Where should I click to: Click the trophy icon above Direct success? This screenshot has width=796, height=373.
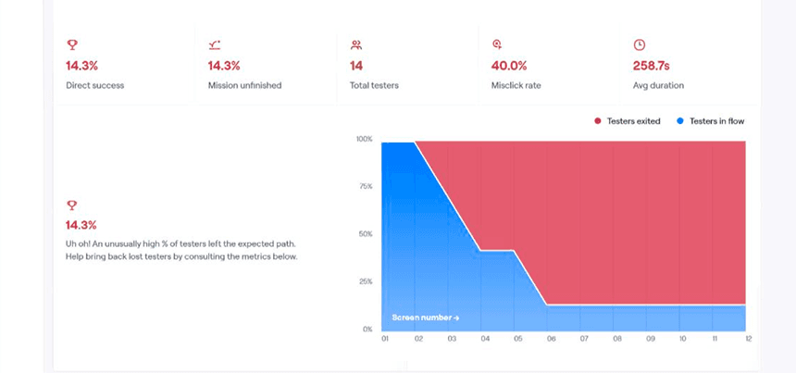(x=71, y=44)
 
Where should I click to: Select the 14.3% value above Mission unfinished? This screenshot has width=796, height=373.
(x=224, y=66)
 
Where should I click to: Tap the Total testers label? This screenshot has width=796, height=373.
(x=375, y=85)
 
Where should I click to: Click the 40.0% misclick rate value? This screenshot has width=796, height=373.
(x=509, y=66)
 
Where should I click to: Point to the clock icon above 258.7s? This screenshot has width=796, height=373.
(x=639, y=44)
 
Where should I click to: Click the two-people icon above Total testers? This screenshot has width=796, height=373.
(x=355, y=44)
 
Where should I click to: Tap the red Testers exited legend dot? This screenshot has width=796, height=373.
(x=598, y=121)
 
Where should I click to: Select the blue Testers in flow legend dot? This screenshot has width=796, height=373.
(x=680, y=121)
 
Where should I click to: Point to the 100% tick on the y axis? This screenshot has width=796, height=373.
(x=364, y=139)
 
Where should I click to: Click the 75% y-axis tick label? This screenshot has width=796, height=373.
(x=366, y=186)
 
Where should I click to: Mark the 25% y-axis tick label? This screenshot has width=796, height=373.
(x=366, y=281)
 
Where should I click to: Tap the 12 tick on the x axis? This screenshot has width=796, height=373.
(x=748, y=340)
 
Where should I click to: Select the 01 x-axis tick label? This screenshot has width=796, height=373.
(x=384, y=340)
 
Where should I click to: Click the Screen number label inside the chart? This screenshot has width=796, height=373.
(x=425, y=317)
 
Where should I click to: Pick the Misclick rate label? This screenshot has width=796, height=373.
(x=516, y=85)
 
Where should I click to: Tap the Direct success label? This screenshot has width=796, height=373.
(x=94, y=85)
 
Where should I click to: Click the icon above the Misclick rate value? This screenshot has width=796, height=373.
(x=497, y=44)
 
